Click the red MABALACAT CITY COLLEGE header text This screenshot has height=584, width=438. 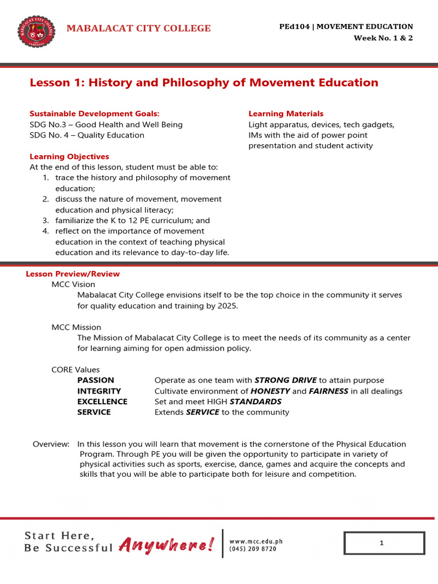[139, 29]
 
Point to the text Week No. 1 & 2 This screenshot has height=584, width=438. [383, 38]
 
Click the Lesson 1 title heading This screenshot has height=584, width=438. [204, 83]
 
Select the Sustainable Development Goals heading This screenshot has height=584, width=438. [95, 113]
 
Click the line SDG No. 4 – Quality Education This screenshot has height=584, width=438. [87, 135]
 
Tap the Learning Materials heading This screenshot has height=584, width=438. [286, 113]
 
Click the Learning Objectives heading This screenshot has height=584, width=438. [69, 156]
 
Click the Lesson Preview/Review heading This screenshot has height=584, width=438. [72, 274]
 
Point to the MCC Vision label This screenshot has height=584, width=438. [73, 284]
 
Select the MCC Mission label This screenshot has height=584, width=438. [76, 327]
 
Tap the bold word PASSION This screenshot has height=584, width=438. [95, 380]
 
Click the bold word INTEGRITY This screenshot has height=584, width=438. [99, 391]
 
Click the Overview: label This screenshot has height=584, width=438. [51, 444]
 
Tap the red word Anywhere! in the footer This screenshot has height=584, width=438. [167, 545]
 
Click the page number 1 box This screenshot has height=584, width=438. [384, 544]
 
